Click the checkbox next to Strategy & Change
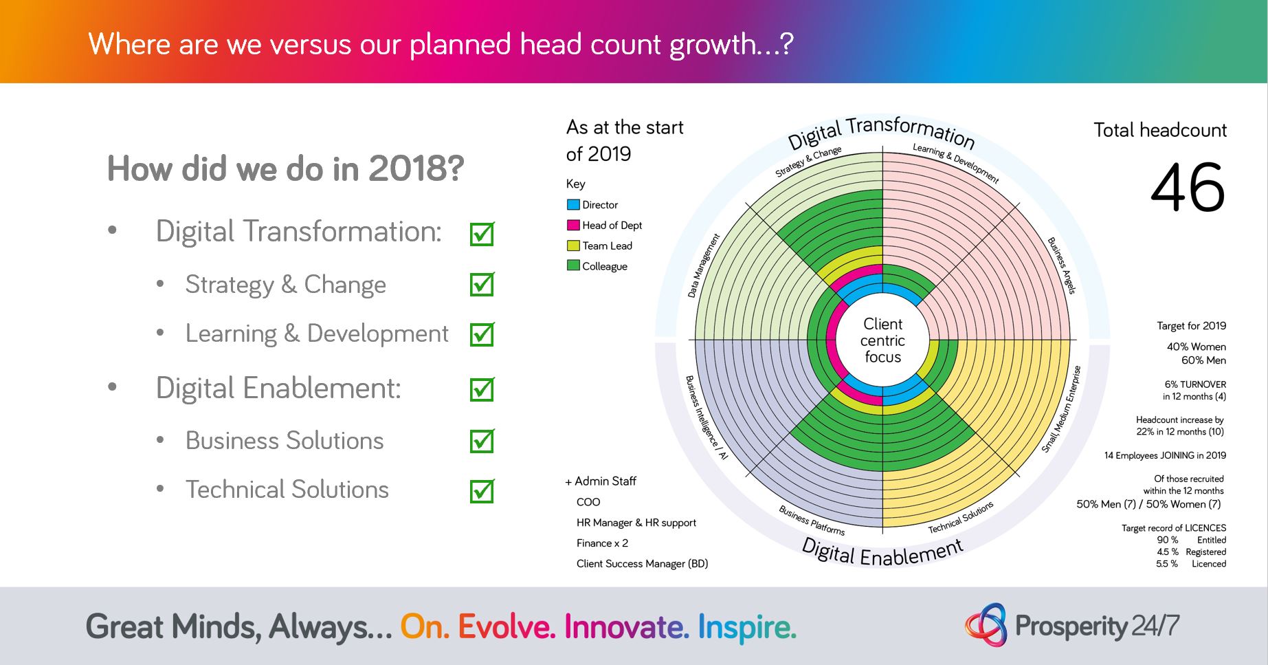(482, 284)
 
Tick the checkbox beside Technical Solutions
(482, 491)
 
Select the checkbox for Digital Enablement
(482, 389)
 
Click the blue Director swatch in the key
(573, 205)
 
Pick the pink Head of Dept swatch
(573, 225)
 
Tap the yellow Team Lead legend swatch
(573, 246)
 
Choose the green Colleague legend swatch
(573, 265)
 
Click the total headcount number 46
(1188, 188)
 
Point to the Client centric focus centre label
(882, 340)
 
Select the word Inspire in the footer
(747, 626)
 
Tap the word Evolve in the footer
(507, 626)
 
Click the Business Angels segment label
(1061, 265)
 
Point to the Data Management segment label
(704, 265)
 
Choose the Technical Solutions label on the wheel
(961, 517)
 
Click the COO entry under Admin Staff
(588, 502)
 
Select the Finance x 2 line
(602, 543)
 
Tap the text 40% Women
(1196, 347)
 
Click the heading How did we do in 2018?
(286, 168)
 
